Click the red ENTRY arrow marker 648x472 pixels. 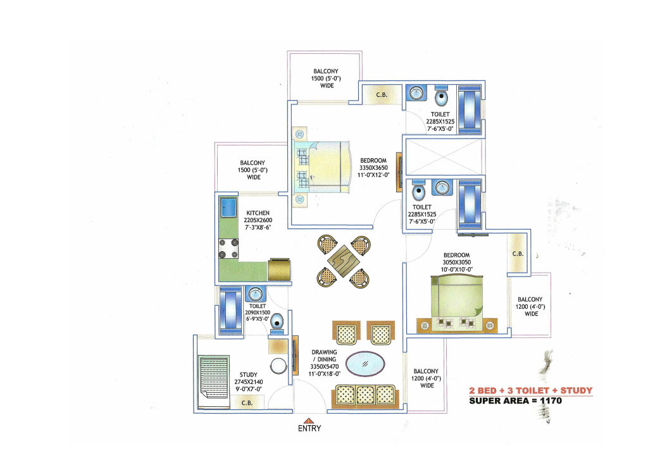[308, 419]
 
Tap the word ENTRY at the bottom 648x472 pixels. [309, 428]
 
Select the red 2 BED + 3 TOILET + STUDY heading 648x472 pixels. [530, 390]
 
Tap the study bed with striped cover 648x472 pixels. [214, 378]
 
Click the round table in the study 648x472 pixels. [278, 366]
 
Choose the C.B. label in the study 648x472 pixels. [247, 401]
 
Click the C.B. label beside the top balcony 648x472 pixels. [382, 95]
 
